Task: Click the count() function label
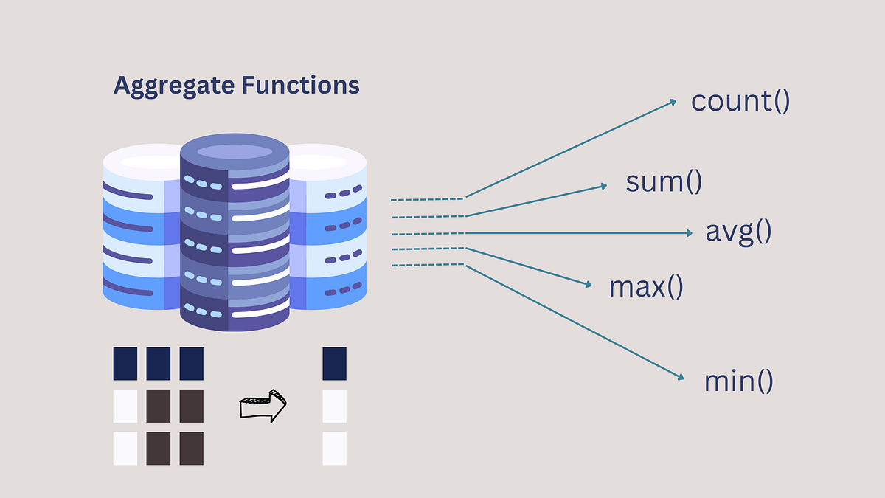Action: click(x=740, y=101)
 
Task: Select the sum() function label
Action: click(x=663, y=181)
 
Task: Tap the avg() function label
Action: click(x=738, y=232)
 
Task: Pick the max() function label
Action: click(x=646, y=286)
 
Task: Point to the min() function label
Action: click(x=739, y=381)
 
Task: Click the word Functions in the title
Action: click(x=300, y=86)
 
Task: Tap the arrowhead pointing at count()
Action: click(x=673, y=102)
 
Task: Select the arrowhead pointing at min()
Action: click(x=681, y=378)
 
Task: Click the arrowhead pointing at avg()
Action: click(x=689, y=232)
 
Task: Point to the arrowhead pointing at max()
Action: click(x=589, y=285)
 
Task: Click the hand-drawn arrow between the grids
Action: click(x=263, y=405)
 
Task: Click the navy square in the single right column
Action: click(x=334, y=364)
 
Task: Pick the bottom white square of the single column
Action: click(x=334, y=448)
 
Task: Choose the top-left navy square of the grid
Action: click(x=125, y=364)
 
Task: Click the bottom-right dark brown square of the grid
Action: click(x=191, y=448)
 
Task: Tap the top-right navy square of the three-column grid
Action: click(x=191, y=364)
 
